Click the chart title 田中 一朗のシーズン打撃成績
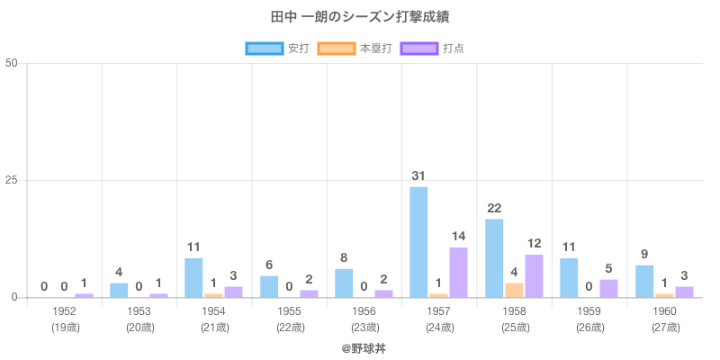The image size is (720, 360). point(360,17)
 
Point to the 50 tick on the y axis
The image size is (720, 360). point(12,63)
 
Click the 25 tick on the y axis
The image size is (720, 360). point(12,180)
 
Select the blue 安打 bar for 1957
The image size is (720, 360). point(418,242)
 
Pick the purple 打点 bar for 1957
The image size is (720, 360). point(458,272)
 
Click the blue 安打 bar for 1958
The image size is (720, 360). point(494,258)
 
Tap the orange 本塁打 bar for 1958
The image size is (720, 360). point(514,290)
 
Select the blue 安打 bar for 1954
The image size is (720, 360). point(193,277)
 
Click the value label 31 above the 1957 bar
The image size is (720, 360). point(418,176)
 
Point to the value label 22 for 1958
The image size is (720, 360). point(494,209)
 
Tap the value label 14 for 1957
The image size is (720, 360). point(458,237)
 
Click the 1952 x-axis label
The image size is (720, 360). point(64,311)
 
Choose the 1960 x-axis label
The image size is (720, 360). point(664,311)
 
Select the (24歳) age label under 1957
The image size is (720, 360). point(439,327)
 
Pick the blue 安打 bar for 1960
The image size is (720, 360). point(644,281)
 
